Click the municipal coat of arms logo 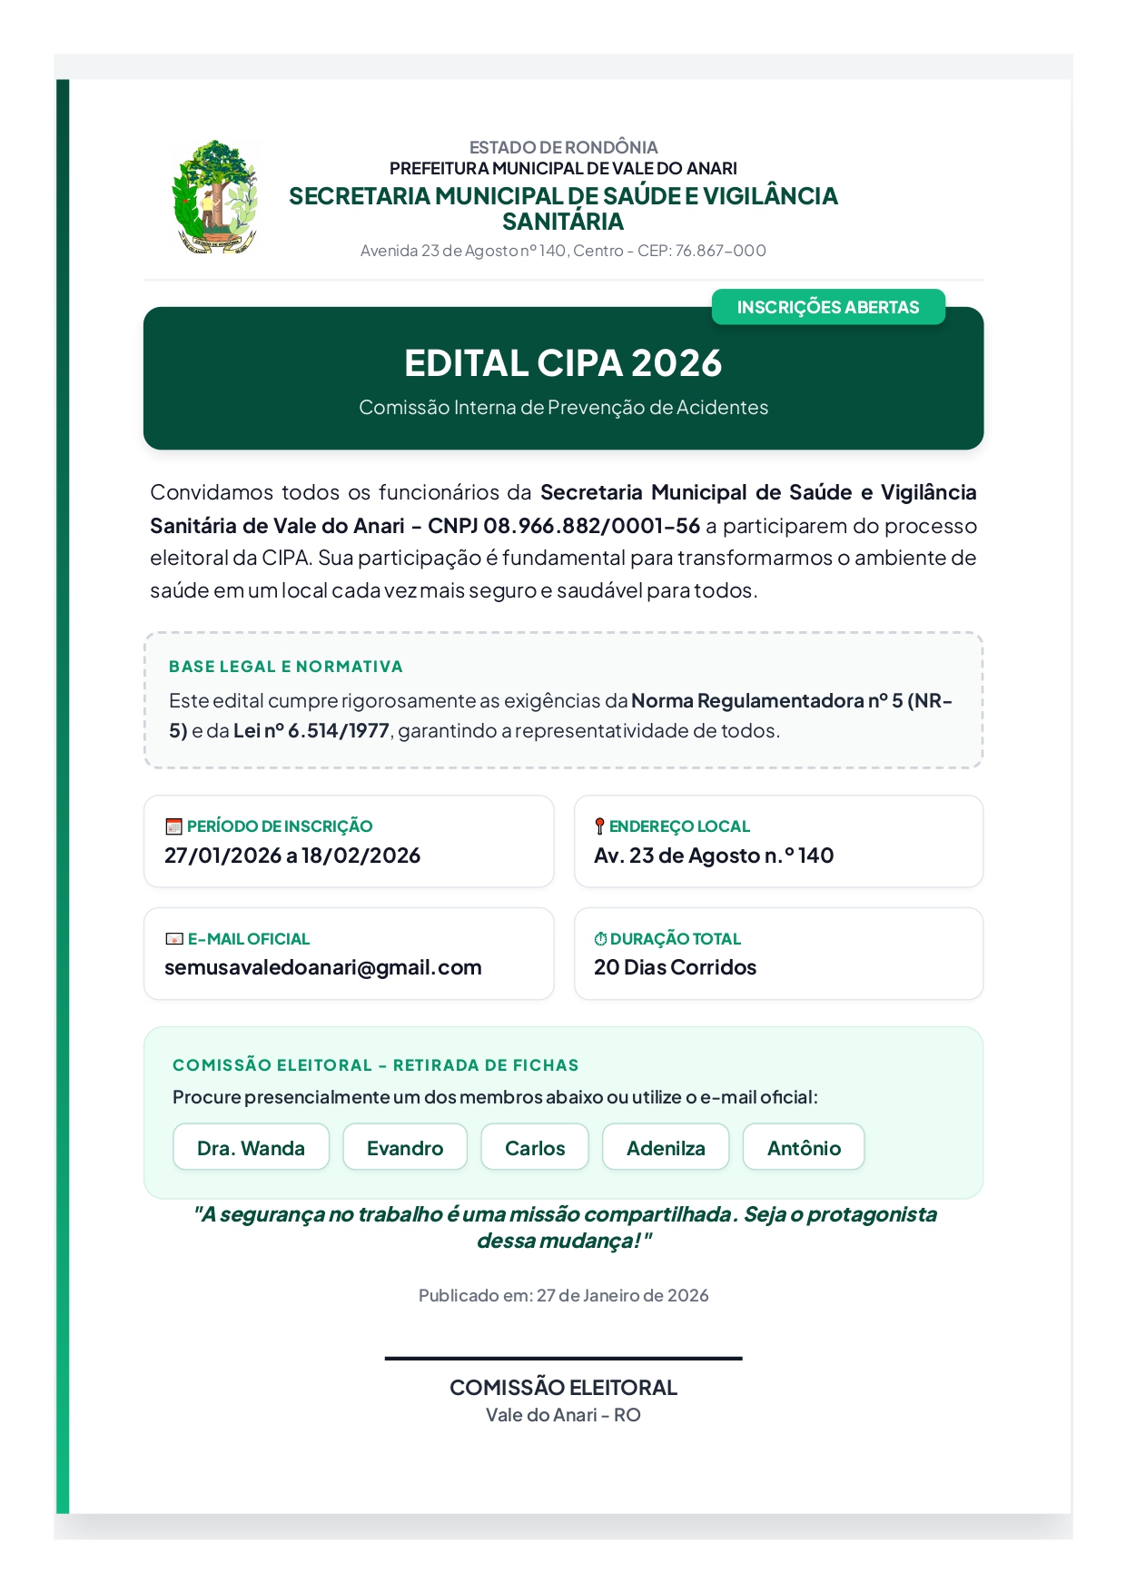(215, 196)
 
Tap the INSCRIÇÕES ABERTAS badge (827, 307)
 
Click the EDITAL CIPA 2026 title (563, 363)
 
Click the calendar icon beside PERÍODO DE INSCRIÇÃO (173, 826)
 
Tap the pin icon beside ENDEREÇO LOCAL (599, 826)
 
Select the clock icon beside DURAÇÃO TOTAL (600, 939)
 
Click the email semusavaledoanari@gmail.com (322, 967)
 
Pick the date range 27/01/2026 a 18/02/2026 (291, 856)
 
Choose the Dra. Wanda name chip (251, 1148)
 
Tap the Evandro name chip (405, 1148)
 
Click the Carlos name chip (535, 1148)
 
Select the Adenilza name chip (666, 1148)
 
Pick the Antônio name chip (804, 1148)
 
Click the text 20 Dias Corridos (675, 967)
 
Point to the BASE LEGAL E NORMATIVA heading (285, 667)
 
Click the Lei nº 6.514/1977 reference (311, 731)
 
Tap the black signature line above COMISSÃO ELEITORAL (563, 1359)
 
